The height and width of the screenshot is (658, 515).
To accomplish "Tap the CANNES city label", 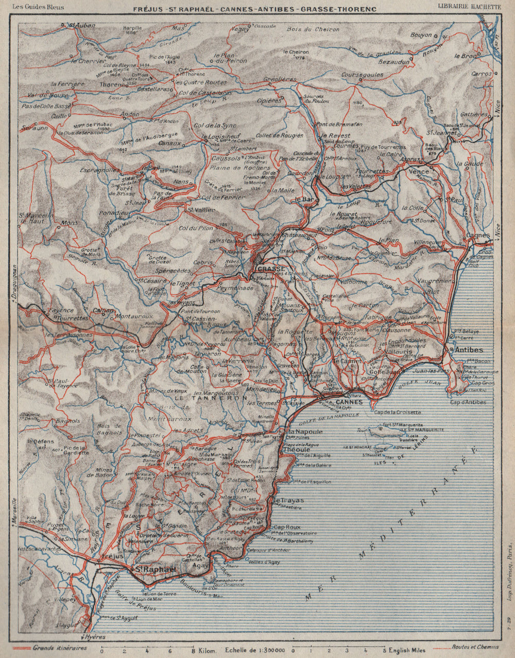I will click(349, 402).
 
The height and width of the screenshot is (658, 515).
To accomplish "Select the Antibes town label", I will click(467, 349).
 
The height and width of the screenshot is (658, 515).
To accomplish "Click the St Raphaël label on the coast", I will click(154, 569).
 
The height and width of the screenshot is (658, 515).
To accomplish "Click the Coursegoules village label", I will click(362, 75).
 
